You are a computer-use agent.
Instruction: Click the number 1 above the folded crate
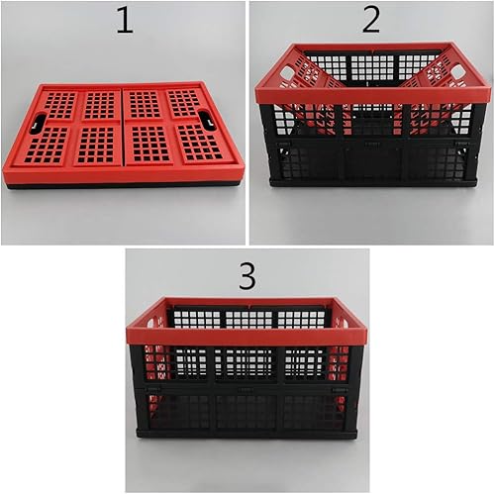point(123,20)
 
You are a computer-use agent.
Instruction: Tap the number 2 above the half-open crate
point(370,19)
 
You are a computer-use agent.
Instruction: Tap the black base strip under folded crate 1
point(124,185)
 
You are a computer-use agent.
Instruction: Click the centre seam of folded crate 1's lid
point(123,129)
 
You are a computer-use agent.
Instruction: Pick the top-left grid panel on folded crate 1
point(60,104)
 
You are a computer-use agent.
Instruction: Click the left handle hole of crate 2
point(287,72)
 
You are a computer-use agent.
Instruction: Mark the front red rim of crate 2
point(372,95)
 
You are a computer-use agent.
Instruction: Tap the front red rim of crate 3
point(247,336)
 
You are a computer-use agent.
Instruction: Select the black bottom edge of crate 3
point(247,433)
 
